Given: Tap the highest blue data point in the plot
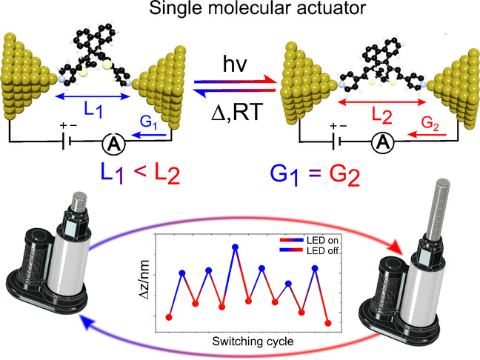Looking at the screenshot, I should pos(236,248).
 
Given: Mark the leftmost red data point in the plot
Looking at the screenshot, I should pos(169,317).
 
